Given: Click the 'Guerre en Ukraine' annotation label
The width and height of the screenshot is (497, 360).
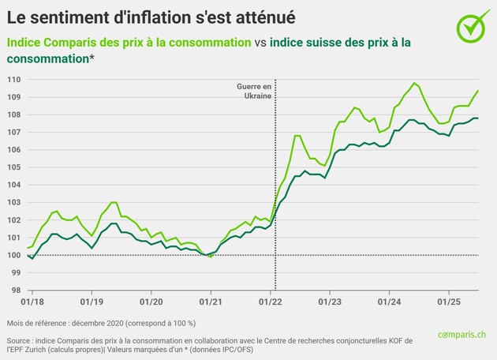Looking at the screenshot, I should pyautogui.click(x=254, y=90).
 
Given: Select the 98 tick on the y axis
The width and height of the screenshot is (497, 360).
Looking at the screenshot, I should pyautogui.click(x=16, y=290).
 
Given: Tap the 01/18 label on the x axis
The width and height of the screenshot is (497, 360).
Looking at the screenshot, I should pyautogui.click(x=32, y=302).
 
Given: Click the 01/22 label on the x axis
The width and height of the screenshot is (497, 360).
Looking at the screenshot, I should pyautogui.click(x=271, y=302).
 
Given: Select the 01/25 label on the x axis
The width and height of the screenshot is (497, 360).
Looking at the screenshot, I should pyautogui.click(x=449, y=302).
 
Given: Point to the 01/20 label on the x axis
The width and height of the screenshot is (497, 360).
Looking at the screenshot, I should pyautogui.click(x=151, y=302).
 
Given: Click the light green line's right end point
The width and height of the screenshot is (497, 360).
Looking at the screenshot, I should pyautogui.click(x=478, y=91).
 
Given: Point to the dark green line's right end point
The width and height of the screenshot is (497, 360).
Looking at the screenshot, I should pyautogui.click(x=478, y=118).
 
